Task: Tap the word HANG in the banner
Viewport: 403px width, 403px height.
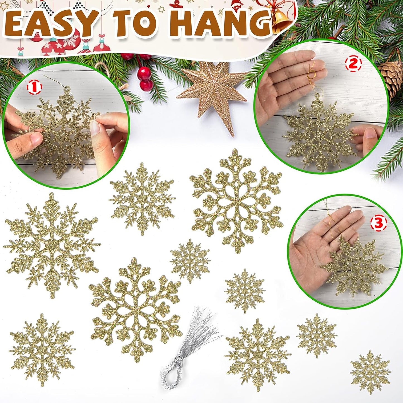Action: tap(223, 24)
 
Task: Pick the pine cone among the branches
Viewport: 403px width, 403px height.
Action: tap(393, 74)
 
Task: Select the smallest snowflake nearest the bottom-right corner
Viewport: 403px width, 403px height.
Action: tap(370, 372)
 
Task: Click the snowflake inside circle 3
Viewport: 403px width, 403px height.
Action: tap(354, 268)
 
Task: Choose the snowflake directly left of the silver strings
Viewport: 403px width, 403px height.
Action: tap(135, 310)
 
